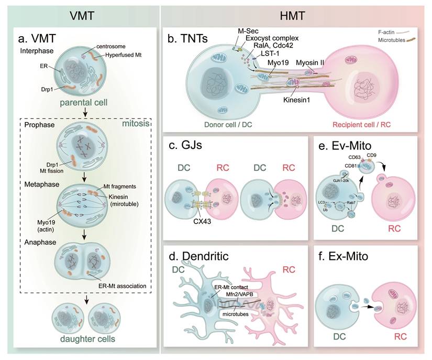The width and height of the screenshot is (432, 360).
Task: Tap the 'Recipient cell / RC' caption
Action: pos(361,125)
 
